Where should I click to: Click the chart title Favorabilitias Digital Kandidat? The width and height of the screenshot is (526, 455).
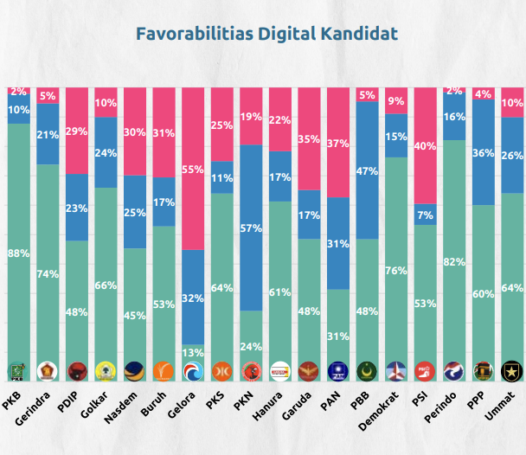point(267,34)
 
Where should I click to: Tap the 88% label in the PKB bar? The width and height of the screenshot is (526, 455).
point(19,253)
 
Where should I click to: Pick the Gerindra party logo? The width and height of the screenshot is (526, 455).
point(48,371)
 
